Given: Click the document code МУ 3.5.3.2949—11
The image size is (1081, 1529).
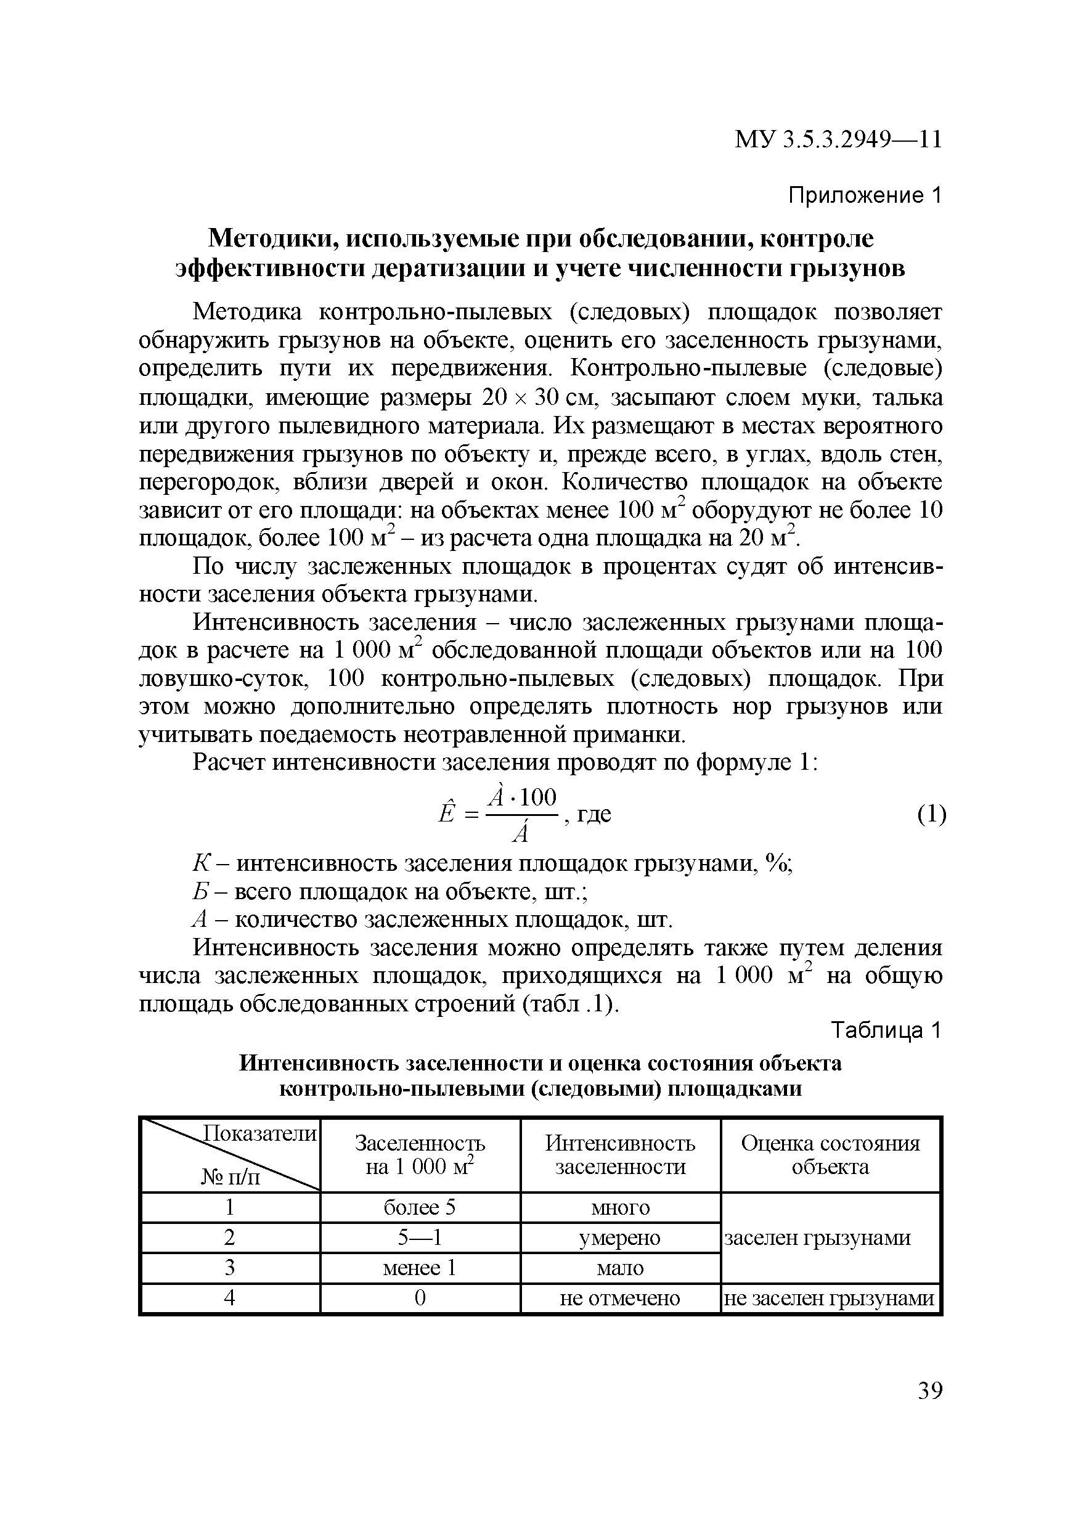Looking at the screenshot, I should tap(838, 140).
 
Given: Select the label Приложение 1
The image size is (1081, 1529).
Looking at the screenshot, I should tap(865, 195).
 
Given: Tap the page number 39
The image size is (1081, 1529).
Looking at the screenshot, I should tap(930, 1390).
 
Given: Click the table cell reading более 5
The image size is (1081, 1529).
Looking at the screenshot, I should tap(420, 1207).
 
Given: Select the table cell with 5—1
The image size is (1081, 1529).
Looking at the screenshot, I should tap(420, 1237).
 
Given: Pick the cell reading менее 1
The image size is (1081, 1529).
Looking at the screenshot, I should tap(420, 1267).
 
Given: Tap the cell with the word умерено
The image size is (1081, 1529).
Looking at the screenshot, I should tap(619, 1237).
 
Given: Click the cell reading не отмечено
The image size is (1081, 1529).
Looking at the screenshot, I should tap(619, 1298).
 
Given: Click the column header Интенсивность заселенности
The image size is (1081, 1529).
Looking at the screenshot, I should tap(619, 1155).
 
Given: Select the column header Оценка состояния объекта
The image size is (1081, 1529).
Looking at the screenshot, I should tap(830, 1155).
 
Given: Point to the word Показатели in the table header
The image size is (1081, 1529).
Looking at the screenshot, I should tap(259, 1133).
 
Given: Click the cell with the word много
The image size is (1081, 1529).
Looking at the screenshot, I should tap(619, 1207).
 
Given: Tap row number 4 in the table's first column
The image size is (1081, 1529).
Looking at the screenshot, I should tap(230, 1298).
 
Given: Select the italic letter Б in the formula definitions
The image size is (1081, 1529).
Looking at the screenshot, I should tap(198, 892).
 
